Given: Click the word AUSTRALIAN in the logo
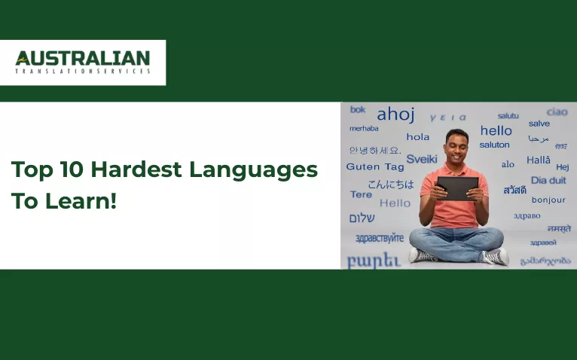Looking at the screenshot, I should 83,58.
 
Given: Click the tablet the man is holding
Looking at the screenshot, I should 457,188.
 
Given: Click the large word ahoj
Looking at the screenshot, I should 395,114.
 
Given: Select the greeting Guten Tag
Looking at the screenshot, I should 375,166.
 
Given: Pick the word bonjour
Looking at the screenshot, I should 548,200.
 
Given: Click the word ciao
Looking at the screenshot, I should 557,111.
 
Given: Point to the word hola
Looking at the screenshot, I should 417,137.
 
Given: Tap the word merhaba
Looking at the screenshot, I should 364,128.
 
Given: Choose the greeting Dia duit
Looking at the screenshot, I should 548,181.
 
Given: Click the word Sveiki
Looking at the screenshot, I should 421,159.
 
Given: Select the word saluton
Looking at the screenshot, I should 494,145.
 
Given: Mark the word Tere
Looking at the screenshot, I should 361,194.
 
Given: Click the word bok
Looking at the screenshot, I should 358,110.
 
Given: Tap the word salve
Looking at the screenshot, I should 539,124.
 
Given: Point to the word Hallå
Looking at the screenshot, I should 538,160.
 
